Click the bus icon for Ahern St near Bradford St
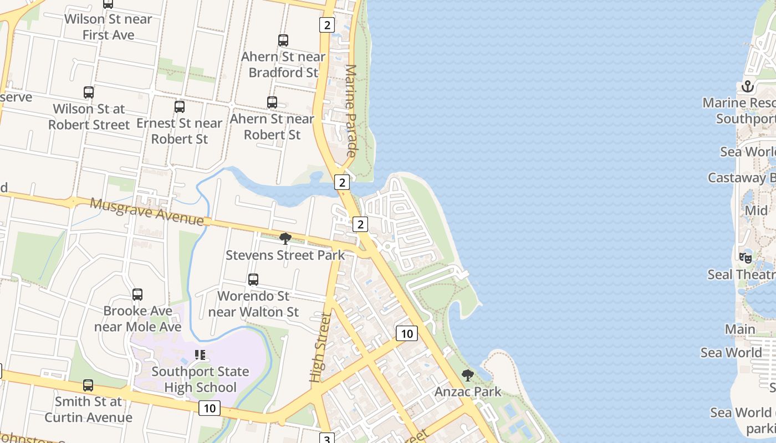click(x=283, y=40)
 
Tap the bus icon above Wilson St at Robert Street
click(x=89, y=92)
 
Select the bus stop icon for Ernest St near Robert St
click(x=180, y=107)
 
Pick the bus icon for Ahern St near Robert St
click(x=272, y=102)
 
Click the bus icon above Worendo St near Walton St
click(x=253, y=280)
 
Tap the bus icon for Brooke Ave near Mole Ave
click(x=137, y=295)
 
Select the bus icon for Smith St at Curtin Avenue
click(x=88, y=385)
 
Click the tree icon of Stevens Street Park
click(x=285, y=239)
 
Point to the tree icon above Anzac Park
click(x=468, y=375)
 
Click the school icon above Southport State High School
click(x=200, y=355)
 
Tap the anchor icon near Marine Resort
click(x=748, y=86)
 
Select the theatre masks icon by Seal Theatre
click(x=746, y=257)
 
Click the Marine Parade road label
click(x=351, y=110)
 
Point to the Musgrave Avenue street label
click(x=147, y=212)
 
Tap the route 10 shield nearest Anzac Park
click(x=407, y=333)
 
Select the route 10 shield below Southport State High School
click(x=210, y=409)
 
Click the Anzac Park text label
click(x=468, y=392)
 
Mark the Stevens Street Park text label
click(x=285, y=255)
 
